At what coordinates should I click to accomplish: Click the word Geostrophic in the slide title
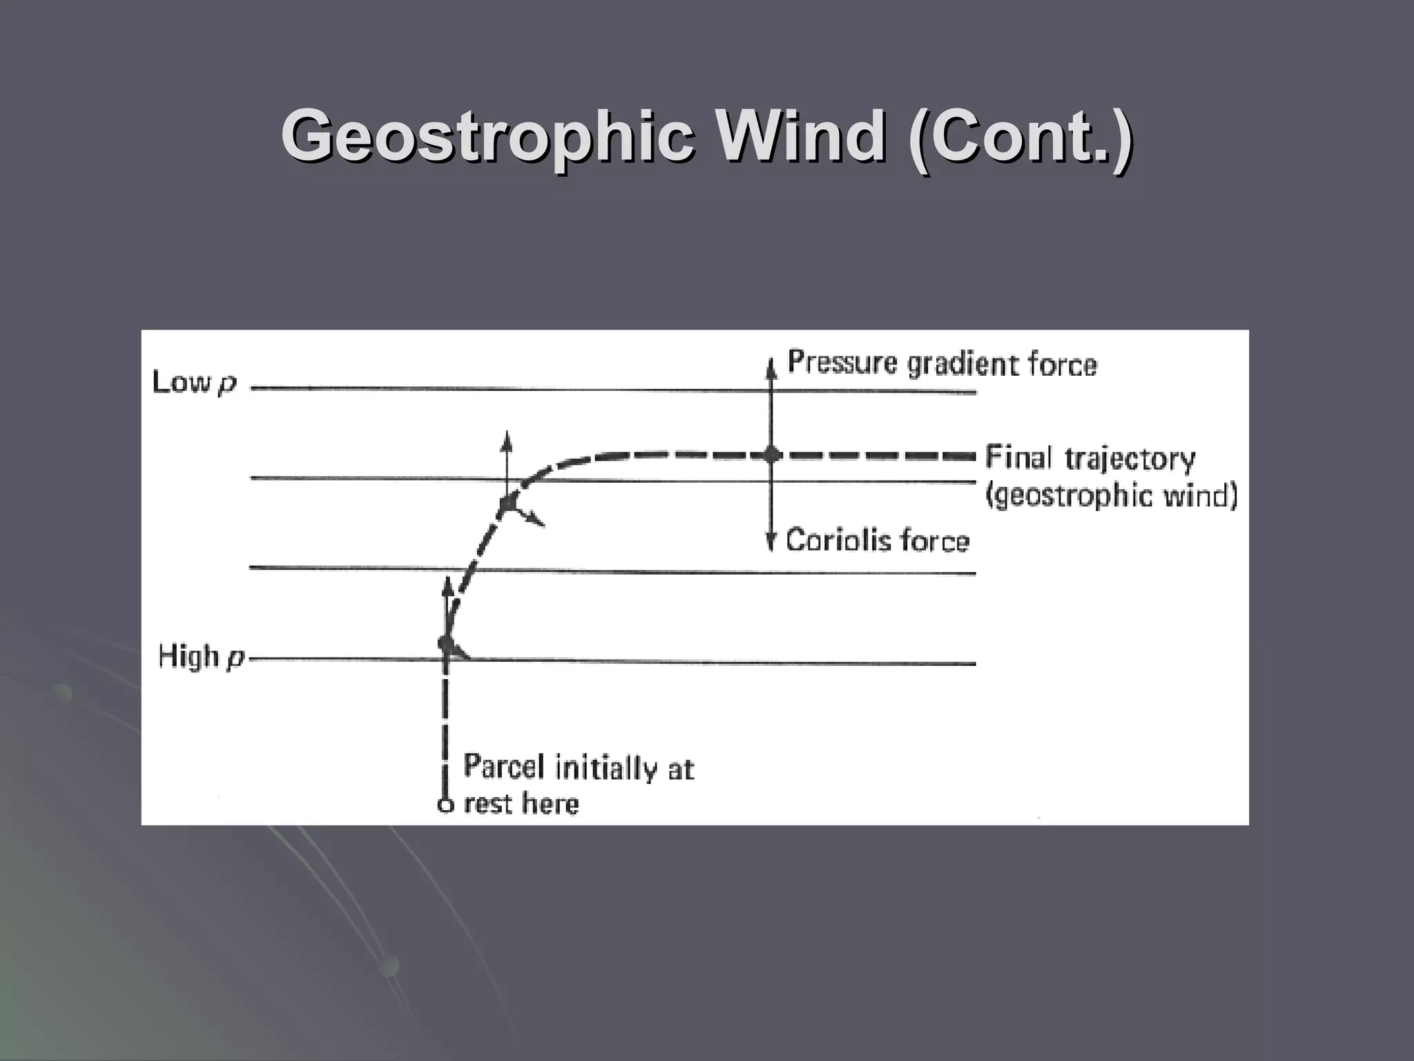486,137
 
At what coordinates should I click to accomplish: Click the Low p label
194,383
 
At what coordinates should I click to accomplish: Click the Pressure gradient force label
942,364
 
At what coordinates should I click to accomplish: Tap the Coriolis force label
878,540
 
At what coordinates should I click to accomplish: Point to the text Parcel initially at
579,767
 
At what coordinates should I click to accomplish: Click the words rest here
521,804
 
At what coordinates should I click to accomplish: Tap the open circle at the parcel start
446,805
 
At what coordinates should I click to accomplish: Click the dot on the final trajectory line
772,455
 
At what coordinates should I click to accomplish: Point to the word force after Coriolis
936,540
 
